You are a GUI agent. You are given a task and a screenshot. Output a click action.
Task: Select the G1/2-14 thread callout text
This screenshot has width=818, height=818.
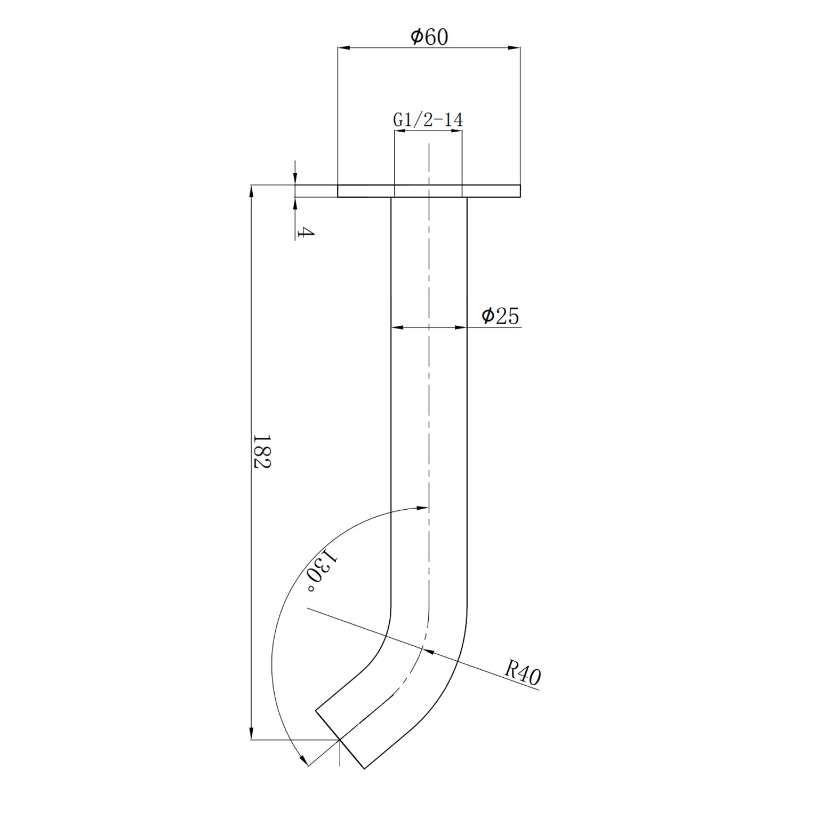428,120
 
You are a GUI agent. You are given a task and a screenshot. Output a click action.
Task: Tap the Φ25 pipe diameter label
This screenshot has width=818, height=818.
500,316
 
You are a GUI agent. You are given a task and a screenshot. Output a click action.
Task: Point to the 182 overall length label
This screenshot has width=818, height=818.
262,451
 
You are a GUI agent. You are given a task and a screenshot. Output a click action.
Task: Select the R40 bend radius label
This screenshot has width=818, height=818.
523,674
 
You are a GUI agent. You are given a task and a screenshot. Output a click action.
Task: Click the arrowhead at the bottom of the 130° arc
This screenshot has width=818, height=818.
304,761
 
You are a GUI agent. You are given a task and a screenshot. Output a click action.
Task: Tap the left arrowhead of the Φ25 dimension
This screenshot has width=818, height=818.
397,327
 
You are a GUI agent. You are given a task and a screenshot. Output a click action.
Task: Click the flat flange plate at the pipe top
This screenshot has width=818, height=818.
429,191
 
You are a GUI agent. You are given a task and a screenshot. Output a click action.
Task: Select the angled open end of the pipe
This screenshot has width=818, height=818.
340,739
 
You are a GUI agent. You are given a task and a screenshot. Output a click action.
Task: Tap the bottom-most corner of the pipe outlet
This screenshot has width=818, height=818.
364,768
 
